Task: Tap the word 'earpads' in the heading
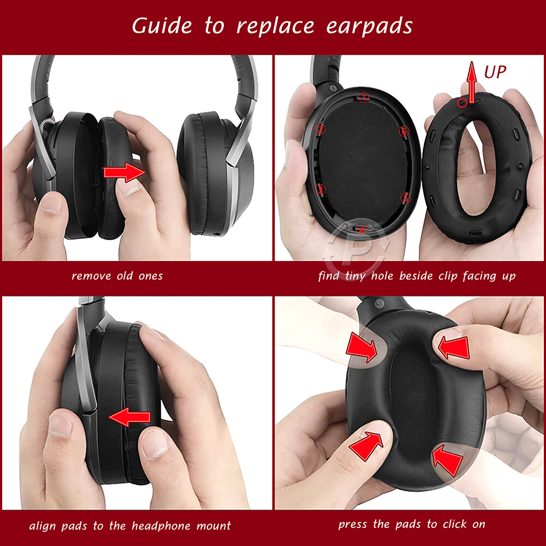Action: (x=369, y=26)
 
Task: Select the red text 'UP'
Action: (x=495, y=72)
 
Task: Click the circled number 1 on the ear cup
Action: (x=364, y=98)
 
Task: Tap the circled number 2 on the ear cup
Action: (x=321, y=129)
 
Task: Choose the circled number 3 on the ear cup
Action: (x=321, y=189)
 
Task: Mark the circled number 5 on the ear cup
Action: (x=405, y=197)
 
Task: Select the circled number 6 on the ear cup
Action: (x=404, y=131)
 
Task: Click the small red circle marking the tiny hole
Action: (x=462, y=102)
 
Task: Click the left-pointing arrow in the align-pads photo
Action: (x=129, y=418)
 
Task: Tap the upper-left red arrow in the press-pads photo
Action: (x=362, y=347)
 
